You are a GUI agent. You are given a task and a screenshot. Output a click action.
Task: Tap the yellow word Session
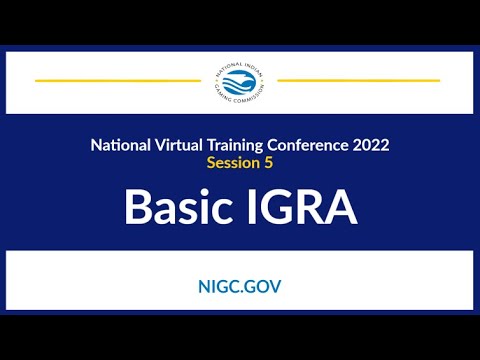(x=232, y=162)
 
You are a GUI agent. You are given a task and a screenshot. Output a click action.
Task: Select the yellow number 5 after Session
(x=268, y=162)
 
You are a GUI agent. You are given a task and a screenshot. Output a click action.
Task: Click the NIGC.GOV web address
(x=240, y=286)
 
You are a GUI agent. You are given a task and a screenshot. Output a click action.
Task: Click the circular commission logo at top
(x=239, y=81)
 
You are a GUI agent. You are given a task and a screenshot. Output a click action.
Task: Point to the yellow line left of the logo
(x=117, y=80)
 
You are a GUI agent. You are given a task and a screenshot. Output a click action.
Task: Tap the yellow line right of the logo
(x=359, y=80)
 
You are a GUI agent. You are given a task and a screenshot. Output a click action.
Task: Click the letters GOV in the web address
(x=262, y=286)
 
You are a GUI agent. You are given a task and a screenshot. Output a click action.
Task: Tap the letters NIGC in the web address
(x=217, y=286)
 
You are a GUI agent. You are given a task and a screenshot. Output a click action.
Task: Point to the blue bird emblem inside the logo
(x=239, y=81)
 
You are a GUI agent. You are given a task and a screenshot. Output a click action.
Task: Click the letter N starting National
(x=96, y=145)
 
